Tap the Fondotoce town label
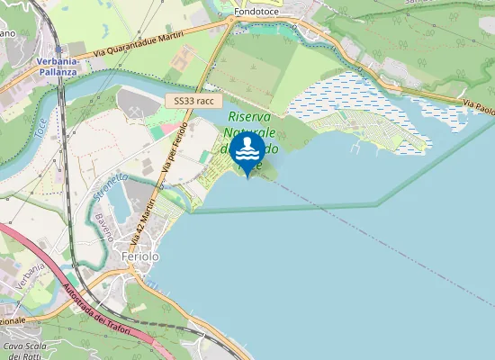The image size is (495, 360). point(259,12)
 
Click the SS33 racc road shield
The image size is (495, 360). point(193,102)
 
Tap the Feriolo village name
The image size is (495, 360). point(139,256)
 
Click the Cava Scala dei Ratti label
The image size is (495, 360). point(24,350)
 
